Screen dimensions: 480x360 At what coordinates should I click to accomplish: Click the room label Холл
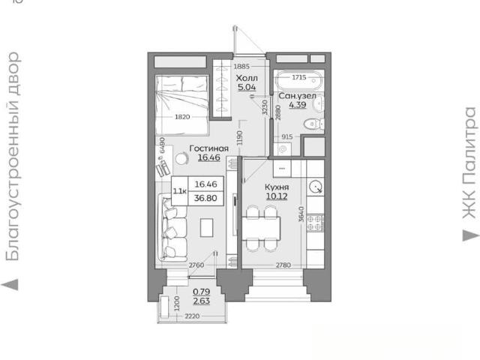point(247,78)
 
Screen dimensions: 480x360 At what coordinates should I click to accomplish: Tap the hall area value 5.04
point(247,87)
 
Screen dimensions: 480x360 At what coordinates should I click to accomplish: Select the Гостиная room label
point(209,148)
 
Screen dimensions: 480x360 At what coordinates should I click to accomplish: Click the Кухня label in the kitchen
point(277,187)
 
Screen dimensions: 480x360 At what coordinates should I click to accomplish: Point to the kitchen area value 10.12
point(277,196)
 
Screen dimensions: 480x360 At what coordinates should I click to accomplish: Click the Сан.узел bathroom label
point(297,96)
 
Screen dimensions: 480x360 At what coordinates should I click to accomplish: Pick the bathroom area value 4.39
point(298,105)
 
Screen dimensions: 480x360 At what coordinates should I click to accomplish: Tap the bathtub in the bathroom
point(298,79)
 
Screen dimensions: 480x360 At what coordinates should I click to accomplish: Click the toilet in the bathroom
point(314,124)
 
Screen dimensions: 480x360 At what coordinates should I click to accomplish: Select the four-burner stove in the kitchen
point(315,223)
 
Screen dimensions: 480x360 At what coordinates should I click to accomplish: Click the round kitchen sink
point(316,187)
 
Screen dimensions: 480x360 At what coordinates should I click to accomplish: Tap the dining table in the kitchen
point(261,228)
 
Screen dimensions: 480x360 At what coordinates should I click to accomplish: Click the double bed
point(182,105)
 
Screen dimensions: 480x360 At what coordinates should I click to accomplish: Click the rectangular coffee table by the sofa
point(207,227)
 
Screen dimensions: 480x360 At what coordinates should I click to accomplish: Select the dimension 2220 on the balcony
point(192,316)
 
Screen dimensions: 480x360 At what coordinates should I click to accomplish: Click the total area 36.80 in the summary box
point(205,198)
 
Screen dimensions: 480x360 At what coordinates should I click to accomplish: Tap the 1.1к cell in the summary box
point(180,191)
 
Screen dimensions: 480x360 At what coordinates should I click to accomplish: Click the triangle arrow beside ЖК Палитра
point(471,235)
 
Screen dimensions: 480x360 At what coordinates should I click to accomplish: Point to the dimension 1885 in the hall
point(241,67)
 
